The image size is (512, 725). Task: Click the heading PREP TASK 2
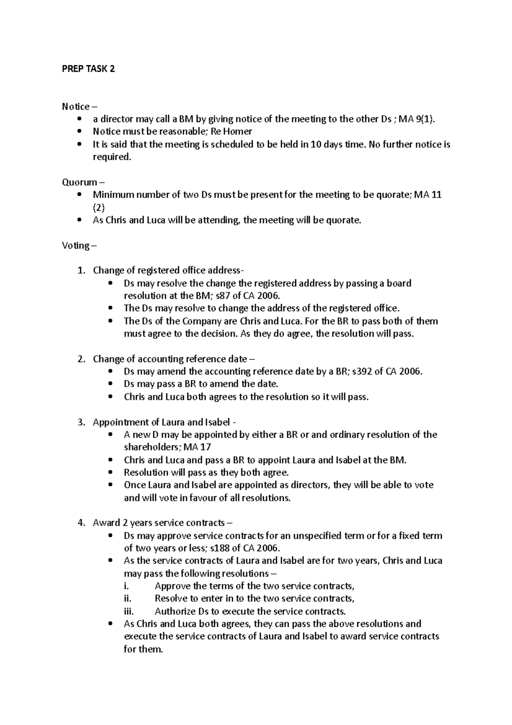click(x=88, y=69)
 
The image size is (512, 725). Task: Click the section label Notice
click(x=76, y=106)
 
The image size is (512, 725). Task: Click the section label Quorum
click(x=79, y=182)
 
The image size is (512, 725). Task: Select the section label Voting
click(x=76, y=246)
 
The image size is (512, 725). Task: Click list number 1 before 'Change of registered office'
click(x=81, y=271)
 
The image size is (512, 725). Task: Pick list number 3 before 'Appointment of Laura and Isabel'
click(x=81, y=422)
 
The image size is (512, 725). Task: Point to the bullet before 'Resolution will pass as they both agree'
click(x=111, y=473)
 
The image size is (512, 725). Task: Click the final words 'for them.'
click(x=143, y=649)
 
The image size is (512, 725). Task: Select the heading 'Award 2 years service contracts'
click(x=159, y=523)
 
